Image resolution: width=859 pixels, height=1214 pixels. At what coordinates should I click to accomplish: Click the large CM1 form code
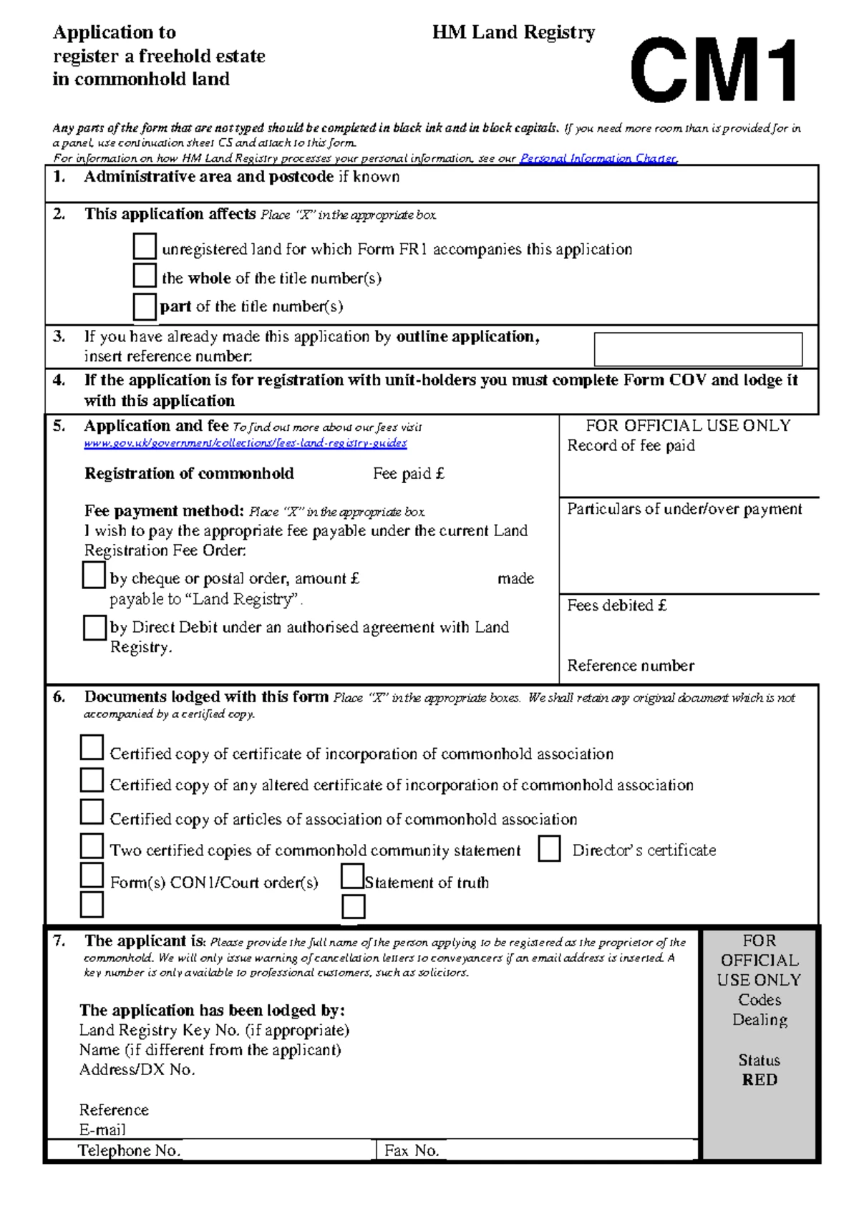(714, 70)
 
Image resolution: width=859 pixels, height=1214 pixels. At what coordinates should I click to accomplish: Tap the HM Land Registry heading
(513, 32)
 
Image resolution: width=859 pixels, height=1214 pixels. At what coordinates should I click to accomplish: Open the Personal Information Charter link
(598, 158)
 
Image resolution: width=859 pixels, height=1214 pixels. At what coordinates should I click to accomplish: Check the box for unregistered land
(145, 246)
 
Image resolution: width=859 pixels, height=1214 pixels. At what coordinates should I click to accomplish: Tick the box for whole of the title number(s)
(145, 276)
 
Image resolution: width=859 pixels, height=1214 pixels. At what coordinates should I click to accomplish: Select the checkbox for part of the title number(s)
(145, 306)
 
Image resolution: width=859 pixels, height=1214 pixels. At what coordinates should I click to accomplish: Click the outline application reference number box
(698, 349)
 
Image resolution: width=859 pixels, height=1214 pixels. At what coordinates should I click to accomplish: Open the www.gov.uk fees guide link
(245, 443)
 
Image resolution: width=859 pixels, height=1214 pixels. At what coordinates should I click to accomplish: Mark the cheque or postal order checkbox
(94, 576)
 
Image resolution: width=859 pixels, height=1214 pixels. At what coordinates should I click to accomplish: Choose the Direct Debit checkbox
(94, 628)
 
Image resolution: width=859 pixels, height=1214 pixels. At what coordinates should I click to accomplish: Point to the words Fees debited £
(617, 606)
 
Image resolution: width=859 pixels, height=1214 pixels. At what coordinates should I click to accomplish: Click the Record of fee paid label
(631, 445)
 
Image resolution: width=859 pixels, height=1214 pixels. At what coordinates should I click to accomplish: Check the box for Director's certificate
(549, 849)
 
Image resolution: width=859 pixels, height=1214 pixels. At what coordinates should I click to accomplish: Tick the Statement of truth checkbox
(352, 876)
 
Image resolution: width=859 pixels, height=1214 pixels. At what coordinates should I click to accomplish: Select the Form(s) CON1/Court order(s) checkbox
(92, 875)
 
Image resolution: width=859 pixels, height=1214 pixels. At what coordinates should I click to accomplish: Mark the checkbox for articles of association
(92, 812)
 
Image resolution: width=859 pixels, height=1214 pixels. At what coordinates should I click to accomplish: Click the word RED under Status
(759, 1079)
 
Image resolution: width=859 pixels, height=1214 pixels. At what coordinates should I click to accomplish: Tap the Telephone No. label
(129, 1150)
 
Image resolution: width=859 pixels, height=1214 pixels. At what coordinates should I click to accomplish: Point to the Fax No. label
(411, 1150)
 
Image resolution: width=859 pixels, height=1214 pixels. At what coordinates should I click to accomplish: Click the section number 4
(59, 380)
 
